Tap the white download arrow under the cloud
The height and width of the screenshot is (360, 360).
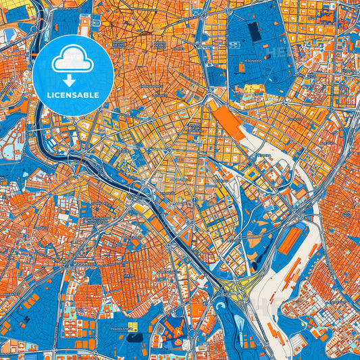pos(73,79)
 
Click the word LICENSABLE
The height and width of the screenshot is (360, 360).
pos(73,95)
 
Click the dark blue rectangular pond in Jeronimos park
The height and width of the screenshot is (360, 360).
pos(254,31)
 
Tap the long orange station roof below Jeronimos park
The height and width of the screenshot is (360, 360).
pos(228,122)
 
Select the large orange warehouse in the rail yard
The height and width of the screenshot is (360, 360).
pos(293,240)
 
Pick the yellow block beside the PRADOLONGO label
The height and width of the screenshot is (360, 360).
pos(134,327)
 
